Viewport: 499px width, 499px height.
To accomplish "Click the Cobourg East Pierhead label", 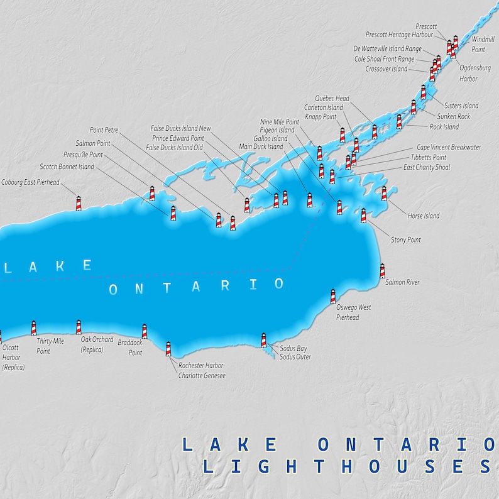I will point(30,182).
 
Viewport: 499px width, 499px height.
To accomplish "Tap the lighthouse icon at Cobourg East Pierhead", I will point(79,203).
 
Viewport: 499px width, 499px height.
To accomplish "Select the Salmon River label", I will point(402,283).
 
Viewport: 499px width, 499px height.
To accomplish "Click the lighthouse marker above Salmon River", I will point(382,271).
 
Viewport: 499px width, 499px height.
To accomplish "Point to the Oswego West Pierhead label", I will point(353,312).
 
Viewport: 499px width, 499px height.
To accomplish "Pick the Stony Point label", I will point(406,240).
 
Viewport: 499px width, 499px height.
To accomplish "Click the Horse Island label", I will point(424,216).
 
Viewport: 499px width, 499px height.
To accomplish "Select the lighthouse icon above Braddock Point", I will point(144,331).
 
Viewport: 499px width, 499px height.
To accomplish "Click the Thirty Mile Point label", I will point(50,346).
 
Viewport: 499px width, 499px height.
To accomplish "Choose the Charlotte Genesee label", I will point(202,376).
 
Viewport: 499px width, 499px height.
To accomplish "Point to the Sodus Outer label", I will point(295,357).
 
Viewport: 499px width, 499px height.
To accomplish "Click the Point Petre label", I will point(104,130).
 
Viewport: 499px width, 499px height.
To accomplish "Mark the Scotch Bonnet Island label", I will point(67,167).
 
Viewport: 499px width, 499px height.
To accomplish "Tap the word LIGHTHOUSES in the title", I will point(345,466).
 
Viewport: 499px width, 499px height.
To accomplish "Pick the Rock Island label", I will point(444,127).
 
